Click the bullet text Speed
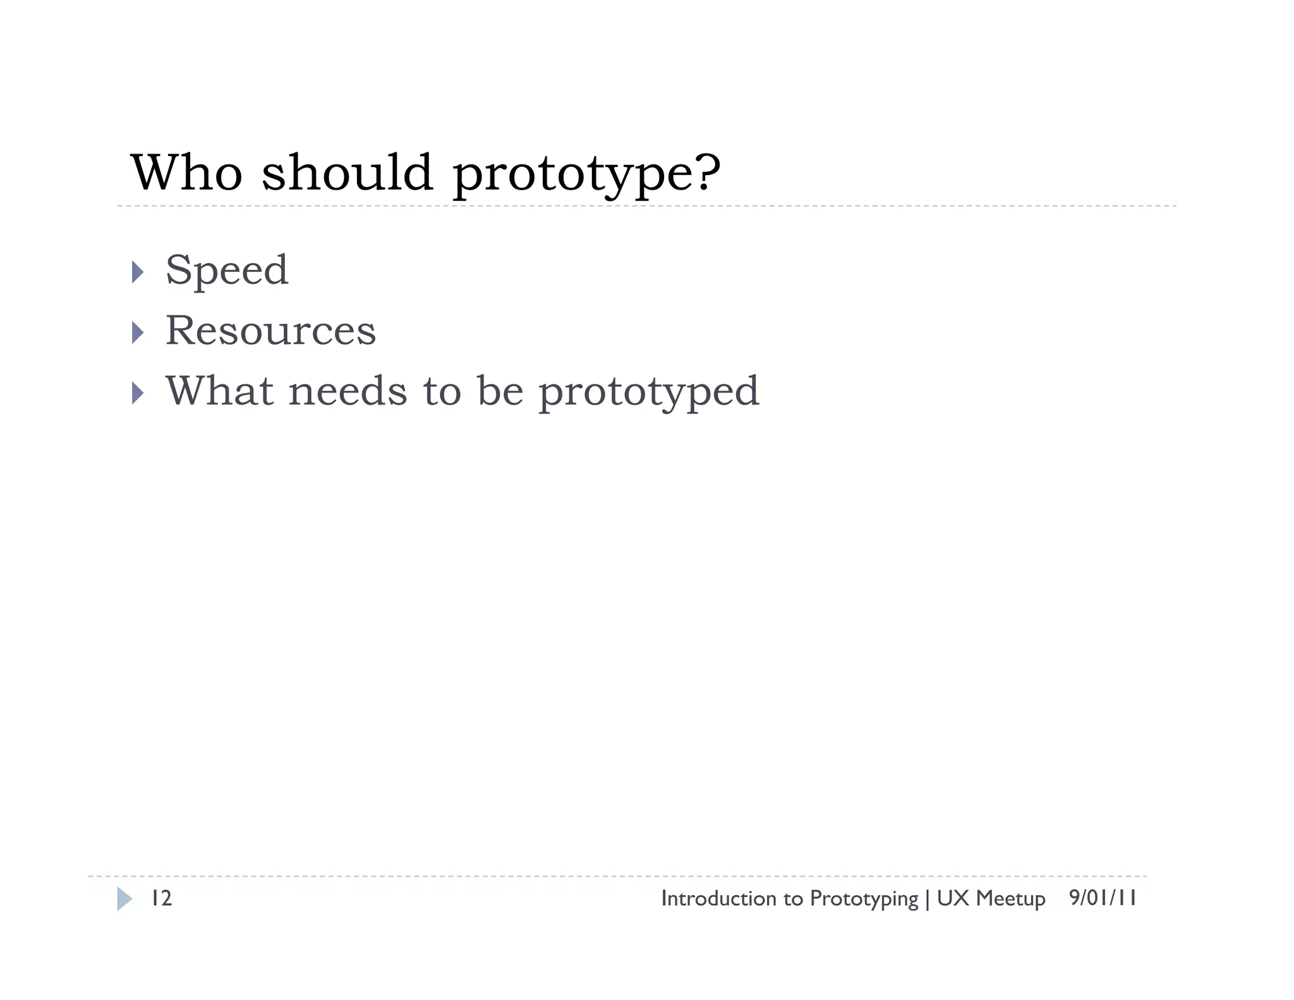click(227, 271)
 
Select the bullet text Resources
click(270, 330)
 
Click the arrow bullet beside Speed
click(138, 272)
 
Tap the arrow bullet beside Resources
click(138, 332)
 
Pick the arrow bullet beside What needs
click(138, 393)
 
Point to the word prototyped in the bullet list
click(648, 393)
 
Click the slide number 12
click(161, 898)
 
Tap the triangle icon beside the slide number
click(124, 899)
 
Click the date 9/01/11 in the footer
click(1103, 898)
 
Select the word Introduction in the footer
click(718, 898)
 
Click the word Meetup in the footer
click(1010, 899)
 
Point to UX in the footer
click(953, 898)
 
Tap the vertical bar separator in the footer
click(928, 899)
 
